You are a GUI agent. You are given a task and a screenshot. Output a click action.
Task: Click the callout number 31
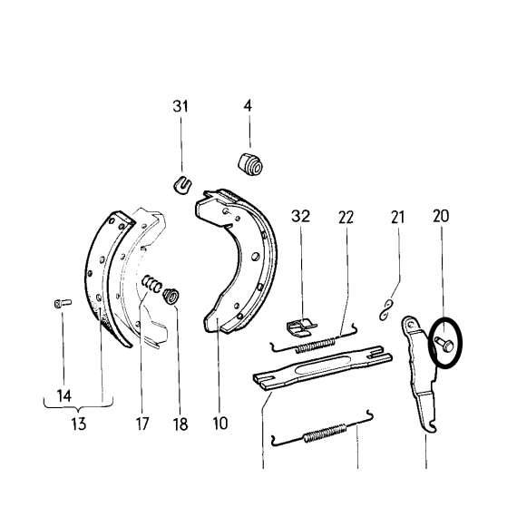(180, 106)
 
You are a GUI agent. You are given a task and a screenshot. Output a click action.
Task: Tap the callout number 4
(248, 106)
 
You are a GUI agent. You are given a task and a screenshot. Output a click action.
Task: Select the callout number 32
(301, 216)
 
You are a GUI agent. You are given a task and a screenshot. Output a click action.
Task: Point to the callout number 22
(346, 218)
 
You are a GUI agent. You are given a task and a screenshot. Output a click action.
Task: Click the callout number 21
(397, 218)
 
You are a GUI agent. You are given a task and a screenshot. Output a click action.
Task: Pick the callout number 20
(441, 216)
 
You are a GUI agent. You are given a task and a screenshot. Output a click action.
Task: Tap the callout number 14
(64, 395)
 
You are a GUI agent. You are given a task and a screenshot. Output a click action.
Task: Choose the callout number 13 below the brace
(79, 424)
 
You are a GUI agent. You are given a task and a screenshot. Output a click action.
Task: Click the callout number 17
(142, 424)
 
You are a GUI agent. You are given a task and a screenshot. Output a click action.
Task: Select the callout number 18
(180, 424)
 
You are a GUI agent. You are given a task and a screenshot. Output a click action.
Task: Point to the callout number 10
(220, 423)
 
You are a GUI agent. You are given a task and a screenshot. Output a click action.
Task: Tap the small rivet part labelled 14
(63, 303)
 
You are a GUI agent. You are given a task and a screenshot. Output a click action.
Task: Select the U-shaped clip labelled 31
(182, 185)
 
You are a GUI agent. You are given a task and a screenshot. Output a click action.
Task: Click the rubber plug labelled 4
(250, 164)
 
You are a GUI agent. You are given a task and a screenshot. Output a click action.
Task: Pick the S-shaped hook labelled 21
(385, 309)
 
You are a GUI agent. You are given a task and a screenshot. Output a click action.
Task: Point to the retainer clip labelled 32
(301, 327)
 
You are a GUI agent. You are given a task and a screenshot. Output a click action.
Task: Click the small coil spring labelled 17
(152, 284)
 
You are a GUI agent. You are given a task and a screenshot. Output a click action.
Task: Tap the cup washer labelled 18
(171, 296)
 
